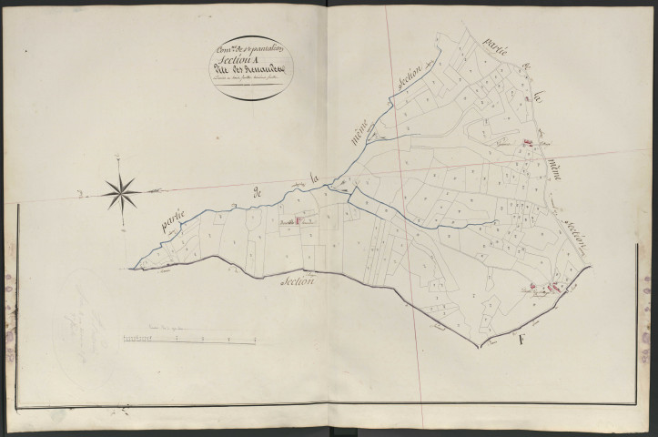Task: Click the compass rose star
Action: pyautogui.click(x=118, y=189)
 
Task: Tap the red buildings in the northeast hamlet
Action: pyautogui.click(x=528, y=141)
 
